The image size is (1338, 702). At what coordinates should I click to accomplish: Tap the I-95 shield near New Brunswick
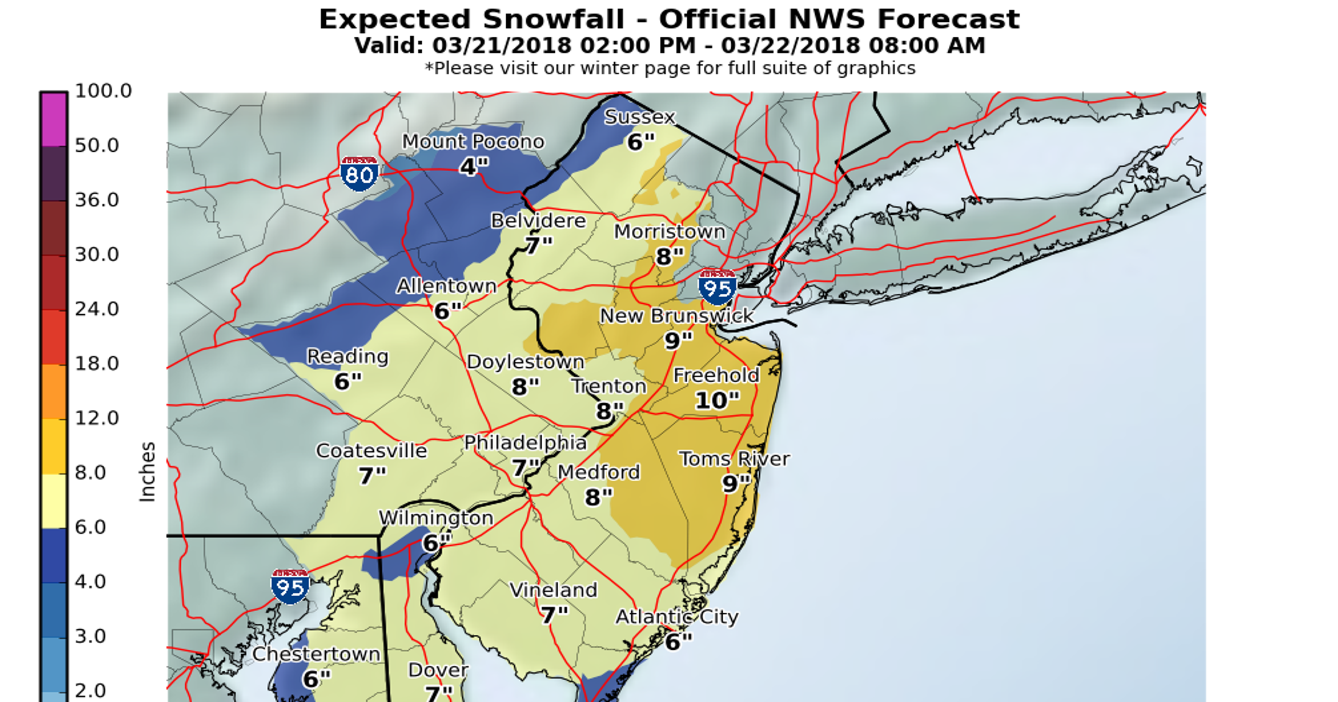[x=718, y=287]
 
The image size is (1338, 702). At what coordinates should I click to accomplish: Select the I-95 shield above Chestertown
[x=290, y=586]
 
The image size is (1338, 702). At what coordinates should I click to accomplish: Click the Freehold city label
[x=716, y=375]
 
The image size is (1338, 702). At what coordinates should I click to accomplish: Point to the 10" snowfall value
[x=717, y=400]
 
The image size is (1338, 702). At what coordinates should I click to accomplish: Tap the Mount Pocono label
[x=472, y=141]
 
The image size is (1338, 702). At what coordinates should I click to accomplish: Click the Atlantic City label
[x=677, y=617]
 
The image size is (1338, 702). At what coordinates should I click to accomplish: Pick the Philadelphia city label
[x=525, y=443]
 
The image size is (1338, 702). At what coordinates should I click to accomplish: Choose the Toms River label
[x=734, y=459]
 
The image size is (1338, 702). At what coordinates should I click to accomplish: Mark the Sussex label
[x=639, y=117]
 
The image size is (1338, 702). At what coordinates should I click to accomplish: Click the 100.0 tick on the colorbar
[x=103, y=91]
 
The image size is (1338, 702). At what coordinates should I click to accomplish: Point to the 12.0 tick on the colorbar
[x=97, y=418]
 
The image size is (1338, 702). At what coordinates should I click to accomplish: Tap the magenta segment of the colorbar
[x=54, y=120]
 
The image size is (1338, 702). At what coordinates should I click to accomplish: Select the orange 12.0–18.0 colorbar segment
[x=54, y=392]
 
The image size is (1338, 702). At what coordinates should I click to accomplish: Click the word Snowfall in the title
[x=553, y=20]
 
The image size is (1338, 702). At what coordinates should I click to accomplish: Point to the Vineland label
[x=553, y=590]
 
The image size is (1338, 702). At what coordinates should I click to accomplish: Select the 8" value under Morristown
[x=669, y=257]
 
